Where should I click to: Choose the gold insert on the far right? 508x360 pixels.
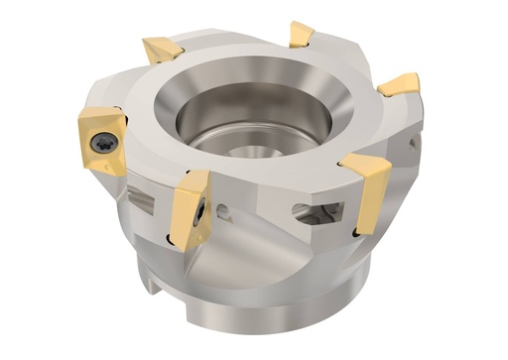tap(399, 85)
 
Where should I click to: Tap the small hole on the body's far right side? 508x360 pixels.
tap(414, 145)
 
